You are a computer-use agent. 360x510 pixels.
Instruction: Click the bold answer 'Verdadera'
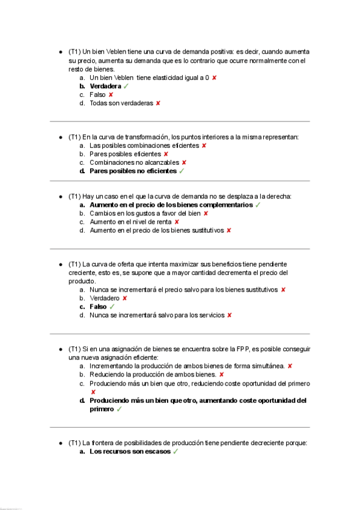105,86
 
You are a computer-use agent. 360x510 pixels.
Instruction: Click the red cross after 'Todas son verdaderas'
158,103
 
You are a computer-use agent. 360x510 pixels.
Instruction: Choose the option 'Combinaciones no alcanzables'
134,162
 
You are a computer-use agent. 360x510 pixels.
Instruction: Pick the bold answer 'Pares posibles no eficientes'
133,171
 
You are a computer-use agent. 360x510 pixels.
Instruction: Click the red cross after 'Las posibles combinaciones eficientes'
204,146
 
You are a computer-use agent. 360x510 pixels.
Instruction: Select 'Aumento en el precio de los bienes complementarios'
171,204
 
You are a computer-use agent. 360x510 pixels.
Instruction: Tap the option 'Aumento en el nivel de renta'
130,221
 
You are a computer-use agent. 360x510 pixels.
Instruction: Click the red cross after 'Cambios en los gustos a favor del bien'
206,213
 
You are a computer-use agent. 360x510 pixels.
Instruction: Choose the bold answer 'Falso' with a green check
98,307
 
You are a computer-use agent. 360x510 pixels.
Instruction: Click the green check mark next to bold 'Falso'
112,307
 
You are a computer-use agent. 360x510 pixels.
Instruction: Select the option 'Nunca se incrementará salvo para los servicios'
156,315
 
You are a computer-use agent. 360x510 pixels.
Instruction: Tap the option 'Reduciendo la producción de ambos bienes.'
153,374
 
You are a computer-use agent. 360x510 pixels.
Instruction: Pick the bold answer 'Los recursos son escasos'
129,451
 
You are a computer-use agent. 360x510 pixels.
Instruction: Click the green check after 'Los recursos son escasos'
175,451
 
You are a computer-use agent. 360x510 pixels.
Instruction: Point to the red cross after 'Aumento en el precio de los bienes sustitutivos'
229,230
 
